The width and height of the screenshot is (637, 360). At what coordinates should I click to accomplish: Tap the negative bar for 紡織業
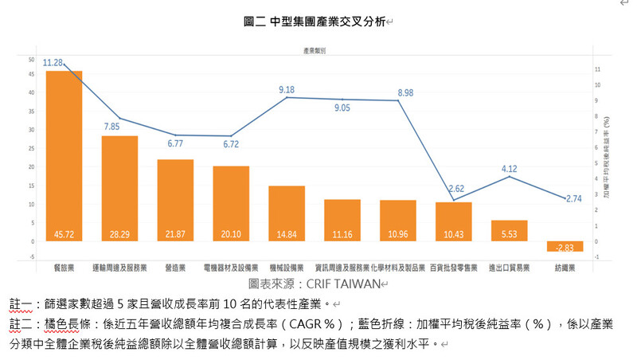coord(565,246)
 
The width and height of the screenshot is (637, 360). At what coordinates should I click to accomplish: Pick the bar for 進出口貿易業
coord(510,231)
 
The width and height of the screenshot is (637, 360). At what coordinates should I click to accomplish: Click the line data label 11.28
coord(53,62)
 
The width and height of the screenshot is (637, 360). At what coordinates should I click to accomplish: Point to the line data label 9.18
coord(287,90)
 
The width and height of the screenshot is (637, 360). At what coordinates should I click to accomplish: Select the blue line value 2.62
coord(455,189)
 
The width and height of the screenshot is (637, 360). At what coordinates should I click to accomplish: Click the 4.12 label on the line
coord(510,168)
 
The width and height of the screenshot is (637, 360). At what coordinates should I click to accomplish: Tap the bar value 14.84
coord(287,234)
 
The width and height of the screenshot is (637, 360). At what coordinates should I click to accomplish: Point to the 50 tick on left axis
coord(31,60)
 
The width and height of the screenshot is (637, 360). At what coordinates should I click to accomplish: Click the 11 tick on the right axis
coord(597,70)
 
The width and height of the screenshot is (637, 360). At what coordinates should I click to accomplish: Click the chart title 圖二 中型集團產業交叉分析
coord(315,22)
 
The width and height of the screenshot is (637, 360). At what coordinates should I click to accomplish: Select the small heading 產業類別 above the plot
coord(314,49)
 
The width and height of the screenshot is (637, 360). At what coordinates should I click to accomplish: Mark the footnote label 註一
coord(21,304)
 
